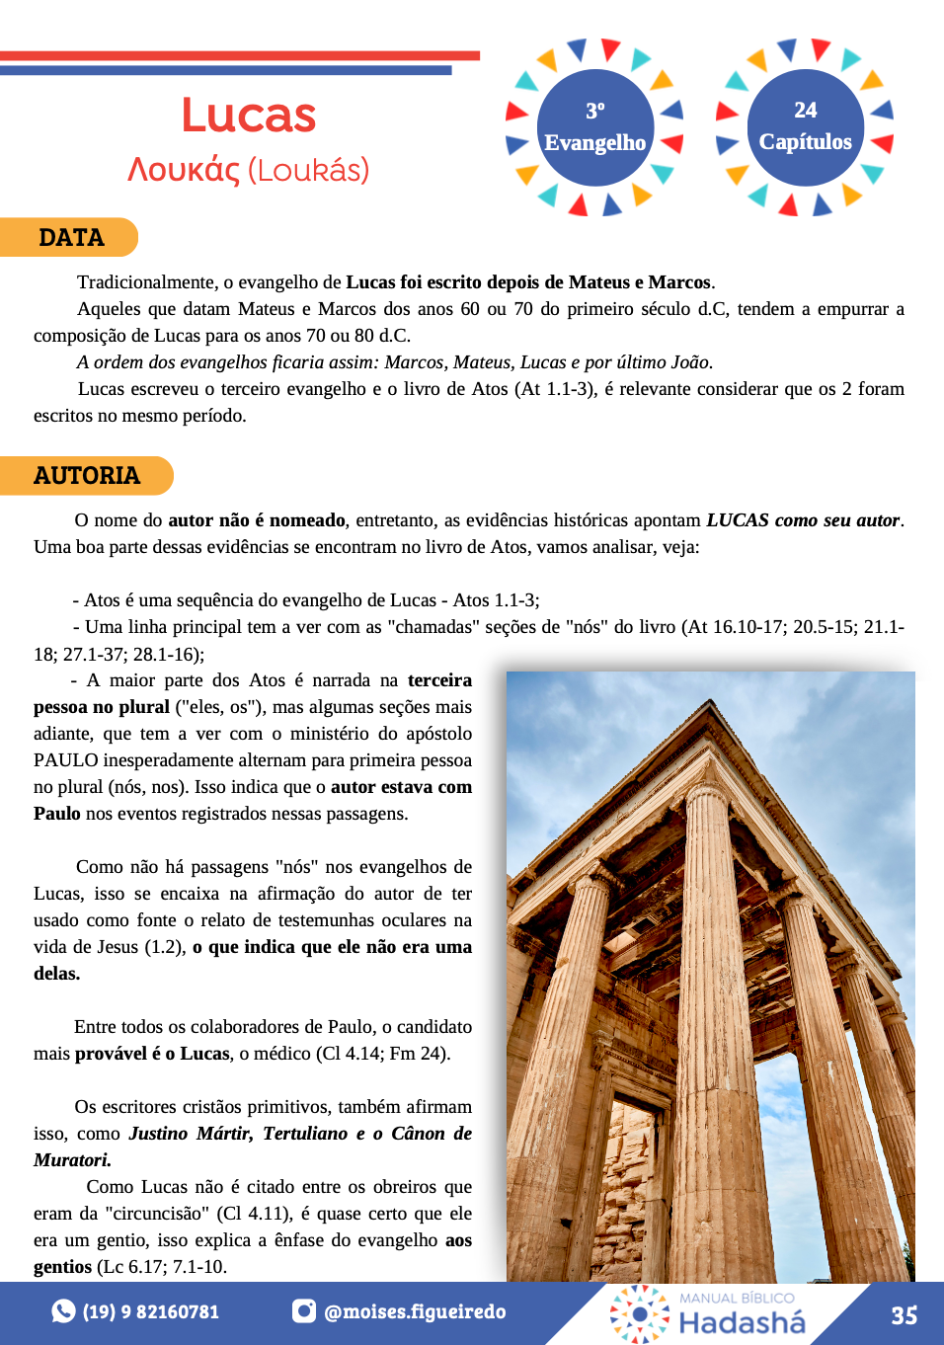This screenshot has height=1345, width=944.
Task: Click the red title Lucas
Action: tap(249, 116)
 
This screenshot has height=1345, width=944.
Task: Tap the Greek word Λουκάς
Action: tap(184, 170)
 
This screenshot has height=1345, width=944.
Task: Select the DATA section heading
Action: tap(71, 238)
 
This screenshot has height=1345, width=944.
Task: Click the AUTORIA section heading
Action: tap(87, 476)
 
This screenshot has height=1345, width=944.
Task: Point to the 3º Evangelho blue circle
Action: tap(594, 127)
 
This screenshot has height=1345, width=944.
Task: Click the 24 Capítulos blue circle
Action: tap(805, 127)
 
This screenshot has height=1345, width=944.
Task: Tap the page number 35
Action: tap(904, 1315)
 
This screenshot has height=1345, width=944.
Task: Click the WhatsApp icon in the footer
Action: tap(63, 1311)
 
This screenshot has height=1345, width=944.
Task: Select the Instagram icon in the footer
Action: tap(304, 1311)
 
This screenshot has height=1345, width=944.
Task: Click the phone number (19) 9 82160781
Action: tap(150, 1312)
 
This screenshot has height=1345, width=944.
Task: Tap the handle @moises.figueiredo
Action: tap(415, 1312)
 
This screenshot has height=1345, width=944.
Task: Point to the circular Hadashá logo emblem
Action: tap(639, 1313)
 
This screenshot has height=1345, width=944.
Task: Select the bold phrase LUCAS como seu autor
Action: tap(803, 520)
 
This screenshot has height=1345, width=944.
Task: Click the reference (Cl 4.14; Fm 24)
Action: tap(383, 1054)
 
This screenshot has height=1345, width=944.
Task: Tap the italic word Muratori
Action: tap(72, 1160)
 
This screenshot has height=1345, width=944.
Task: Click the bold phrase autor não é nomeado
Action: tap(257, 520)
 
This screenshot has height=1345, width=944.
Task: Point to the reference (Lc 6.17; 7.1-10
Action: tap(162, 1267)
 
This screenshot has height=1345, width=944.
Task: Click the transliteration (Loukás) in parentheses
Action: tap(308, 170)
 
